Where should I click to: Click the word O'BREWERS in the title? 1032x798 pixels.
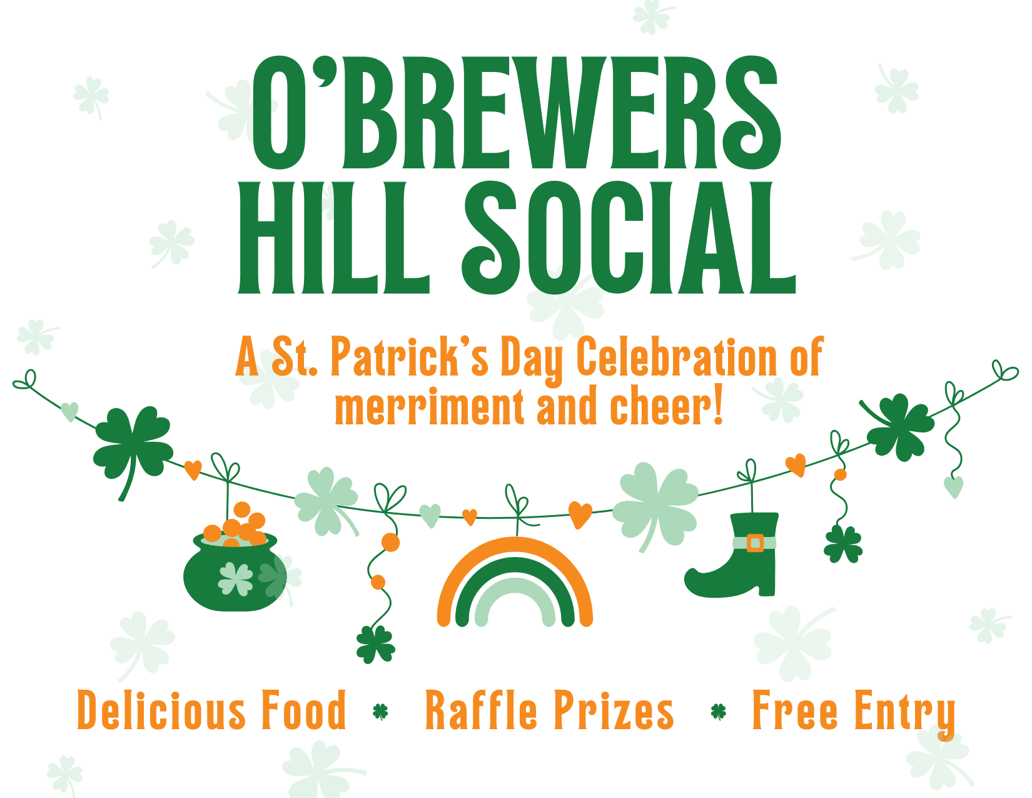pos(516,112)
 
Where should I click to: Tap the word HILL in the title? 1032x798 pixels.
pos(333,238)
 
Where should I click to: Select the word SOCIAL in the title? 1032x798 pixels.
pos(629,238)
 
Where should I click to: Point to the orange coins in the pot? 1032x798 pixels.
pos(236,525)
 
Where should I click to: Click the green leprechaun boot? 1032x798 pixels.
pos(734,555)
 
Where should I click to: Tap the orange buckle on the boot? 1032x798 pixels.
pos(755,543)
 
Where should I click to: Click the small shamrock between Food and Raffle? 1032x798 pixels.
pos(380,712)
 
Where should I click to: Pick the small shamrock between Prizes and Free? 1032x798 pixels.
pos(719,712)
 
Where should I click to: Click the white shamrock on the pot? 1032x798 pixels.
pos(235,579)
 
